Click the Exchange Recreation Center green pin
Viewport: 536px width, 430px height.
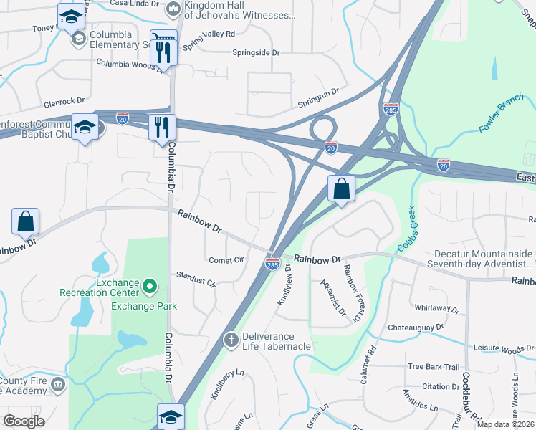tap(150, 287)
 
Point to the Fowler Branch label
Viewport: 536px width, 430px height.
tap(502, 118)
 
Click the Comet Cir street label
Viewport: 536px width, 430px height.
tap(226, 260)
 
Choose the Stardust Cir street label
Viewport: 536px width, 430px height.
tap(196, 279)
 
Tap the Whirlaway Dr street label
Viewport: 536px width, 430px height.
tap(436, 309)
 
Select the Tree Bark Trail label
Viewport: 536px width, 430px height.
tap(433, 367)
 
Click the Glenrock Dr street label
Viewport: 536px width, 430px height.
tap(64, 102)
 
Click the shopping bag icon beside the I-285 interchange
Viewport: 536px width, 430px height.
tap(342, 189)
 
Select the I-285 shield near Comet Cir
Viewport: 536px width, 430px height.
tap(272, 264)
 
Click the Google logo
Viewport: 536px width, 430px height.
tap(24, 421)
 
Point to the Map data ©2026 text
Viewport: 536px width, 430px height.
tap(504, 424)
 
